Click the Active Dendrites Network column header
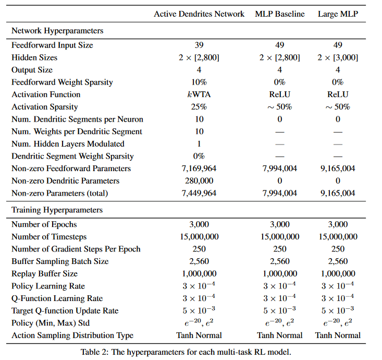click(x=199, y=14)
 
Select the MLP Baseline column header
click(x=280, y=14)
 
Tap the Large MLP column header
click(x=338, y=14)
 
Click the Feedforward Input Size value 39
click(x=199, y=45)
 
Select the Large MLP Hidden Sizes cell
click(x=338, y=57)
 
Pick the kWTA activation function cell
click(x=199, y=94)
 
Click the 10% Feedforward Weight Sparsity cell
click(x=199, y=82)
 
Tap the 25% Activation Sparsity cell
click(x=199, y=107)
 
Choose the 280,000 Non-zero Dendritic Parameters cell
click(x=199, y=181)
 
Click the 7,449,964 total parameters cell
click(x=199, y=194)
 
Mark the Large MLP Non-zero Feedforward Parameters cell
click(x=338, y=169)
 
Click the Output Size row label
click(x=32, y=70)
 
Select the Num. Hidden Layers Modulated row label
click(x=68, y=144)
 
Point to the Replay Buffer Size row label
click(x=44, y=274)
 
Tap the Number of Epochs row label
click(x=44, y=225)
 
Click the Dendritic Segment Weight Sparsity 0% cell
click(x=199, y=157)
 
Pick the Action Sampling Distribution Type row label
click(x=72, y=335)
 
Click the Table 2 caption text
click(x=186, y=351)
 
